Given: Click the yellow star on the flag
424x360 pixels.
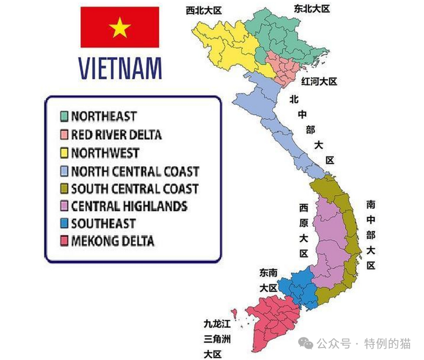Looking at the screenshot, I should point(119,27).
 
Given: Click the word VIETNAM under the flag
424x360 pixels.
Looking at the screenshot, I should point(120,68).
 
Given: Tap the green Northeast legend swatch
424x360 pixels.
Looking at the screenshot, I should point(64,116).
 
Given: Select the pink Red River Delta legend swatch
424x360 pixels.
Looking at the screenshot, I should point(64,134).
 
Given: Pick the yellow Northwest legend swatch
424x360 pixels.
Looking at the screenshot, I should point(64,153).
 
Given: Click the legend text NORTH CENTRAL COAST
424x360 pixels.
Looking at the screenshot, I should point(135,172).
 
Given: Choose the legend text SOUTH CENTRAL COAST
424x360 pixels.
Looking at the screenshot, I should point(134,189).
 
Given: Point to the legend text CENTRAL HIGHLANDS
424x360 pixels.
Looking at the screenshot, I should point(129,206).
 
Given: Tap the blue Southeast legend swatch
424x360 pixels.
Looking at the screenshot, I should point(64,223).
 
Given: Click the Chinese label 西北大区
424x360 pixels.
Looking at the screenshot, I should point(204,10).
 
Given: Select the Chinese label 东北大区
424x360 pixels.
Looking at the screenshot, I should point(312,9).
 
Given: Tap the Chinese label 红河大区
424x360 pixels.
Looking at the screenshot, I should point(319,81).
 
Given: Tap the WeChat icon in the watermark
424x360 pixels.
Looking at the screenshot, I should point(306,343).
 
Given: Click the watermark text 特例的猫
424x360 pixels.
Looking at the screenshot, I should point(387,343).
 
